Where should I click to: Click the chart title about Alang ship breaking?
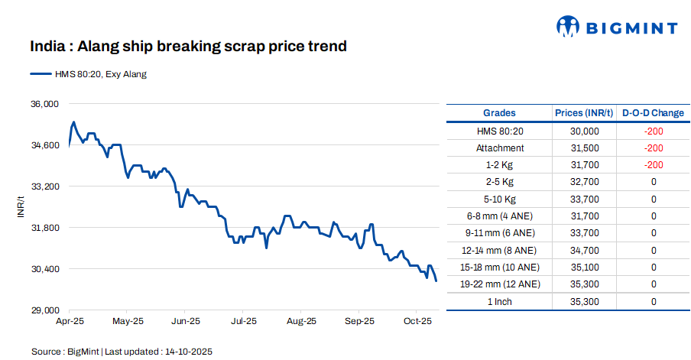coord(188,47)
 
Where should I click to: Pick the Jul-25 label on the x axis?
coord(243,321)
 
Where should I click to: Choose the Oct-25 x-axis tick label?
coord(418,321)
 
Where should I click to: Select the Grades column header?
coord(499,113)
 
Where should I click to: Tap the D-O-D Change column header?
coord(653,113)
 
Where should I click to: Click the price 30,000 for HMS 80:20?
coord(585,131)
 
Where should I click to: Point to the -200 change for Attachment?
coord(654,148)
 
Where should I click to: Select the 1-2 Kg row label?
coord(500,165)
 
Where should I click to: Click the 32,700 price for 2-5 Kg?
coord(585,182)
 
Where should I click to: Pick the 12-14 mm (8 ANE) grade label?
coord(500,250)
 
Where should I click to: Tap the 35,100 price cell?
coord(585,267)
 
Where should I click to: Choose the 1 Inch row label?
coord(500,301)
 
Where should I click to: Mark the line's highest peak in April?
coord(73,122)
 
